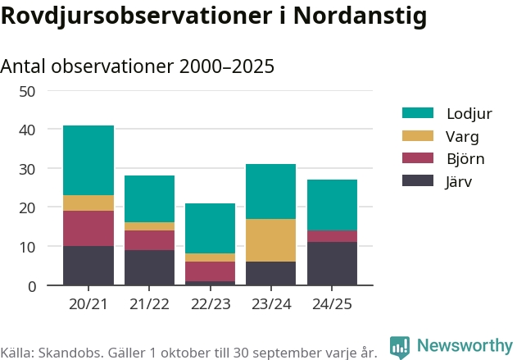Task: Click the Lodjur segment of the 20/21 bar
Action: tap(88, 160)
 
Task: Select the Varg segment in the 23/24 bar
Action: tap(270, 240)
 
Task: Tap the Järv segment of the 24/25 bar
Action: tap(332, 263)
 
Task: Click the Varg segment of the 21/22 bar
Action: tap(149, 226)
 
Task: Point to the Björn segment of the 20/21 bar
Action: tap(88, 228)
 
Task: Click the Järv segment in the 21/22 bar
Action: tap(149, 267)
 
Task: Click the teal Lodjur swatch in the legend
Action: tap(417, 112)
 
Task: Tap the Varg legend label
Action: tap(462, 136)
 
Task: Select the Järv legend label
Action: tap(459, 182)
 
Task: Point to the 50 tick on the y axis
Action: tap(27, 91)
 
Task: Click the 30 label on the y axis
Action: tap(27, 169)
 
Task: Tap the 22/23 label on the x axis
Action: tap(210, 303)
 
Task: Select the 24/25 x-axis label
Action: tap(332, 303)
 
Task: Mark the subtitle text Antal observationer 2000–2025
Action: tap(137, 66)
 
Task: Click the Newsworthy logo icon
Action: tap(399, 346)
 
